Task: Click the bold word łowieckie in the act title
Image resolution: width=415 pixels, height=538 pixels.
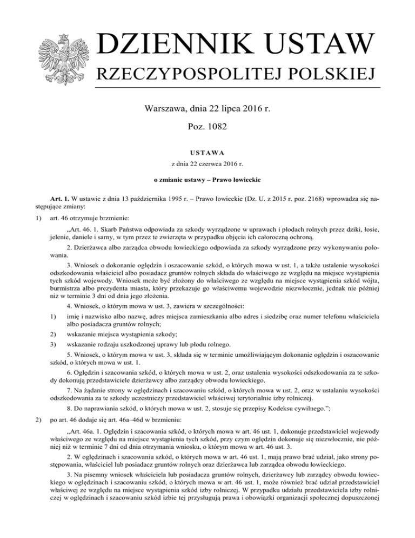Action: [x=239, y=179]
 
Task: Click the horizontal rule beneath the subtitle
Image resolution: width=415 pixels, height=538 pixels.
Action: [x=238, y=88]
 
